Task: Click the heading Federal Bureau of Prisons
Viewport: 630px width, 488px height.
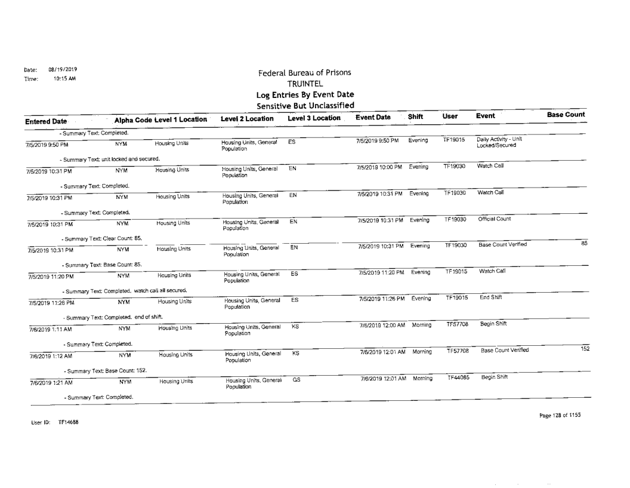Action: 304,73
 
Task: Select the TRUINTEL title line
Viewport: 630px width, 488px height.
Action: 304,84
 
